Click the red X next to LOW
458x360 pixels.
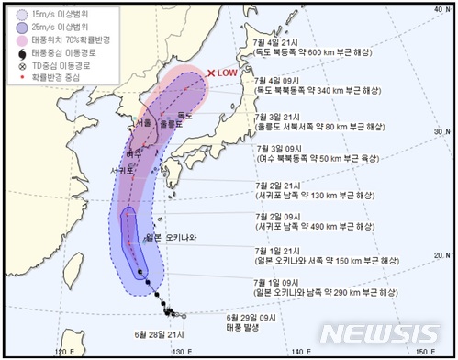[213, 73]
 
